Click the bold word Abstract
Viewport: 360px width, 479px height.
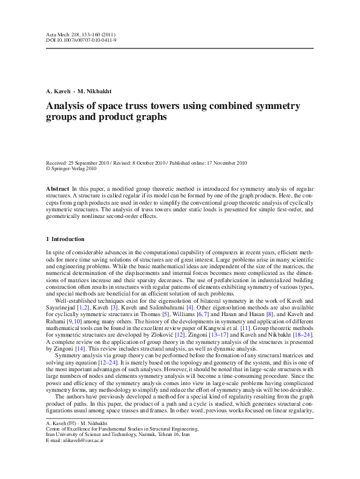57,190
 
